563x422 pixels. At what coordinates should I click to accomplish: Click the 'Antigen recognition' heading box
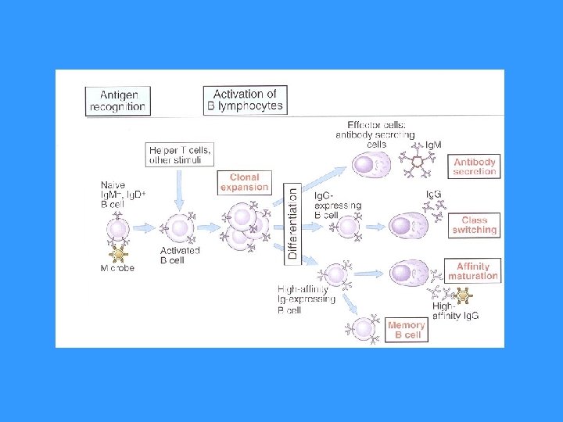point(117,101)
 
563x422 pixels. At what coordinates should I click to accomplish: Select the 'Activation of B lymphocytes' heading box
point(246,100)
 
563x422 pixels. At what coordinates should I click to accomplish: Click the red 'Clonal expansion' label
point(244,182)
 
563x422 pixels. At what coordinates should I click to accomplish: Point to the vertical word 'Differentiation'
point(292,222)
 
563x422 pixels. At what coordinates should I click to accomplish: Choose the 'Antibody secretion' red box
point(475,166)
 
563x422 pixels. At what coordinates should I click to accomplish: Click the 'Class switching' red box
point(475,225)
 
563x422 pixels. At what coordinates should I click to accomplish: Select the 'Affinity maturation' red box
point(473,271)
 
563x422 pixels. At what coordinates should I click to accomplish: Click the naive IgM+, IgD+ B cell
point(118,229)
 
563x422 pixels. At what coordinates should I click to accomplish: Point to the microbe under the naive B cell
point(119,254)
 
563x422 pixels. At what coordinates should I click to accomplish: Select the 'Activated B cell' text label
point(179,256)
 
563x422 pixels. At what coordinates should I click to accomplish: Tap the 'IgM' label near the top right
point(433,145)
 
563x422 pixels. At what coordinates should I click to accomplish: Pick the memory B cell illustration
point(364,329)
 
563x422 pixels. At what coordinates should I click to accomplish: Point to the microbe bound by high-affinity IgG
point(463,295)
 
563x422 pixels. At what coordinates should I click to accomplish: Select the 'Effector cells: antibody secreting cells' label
point(376,134)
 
